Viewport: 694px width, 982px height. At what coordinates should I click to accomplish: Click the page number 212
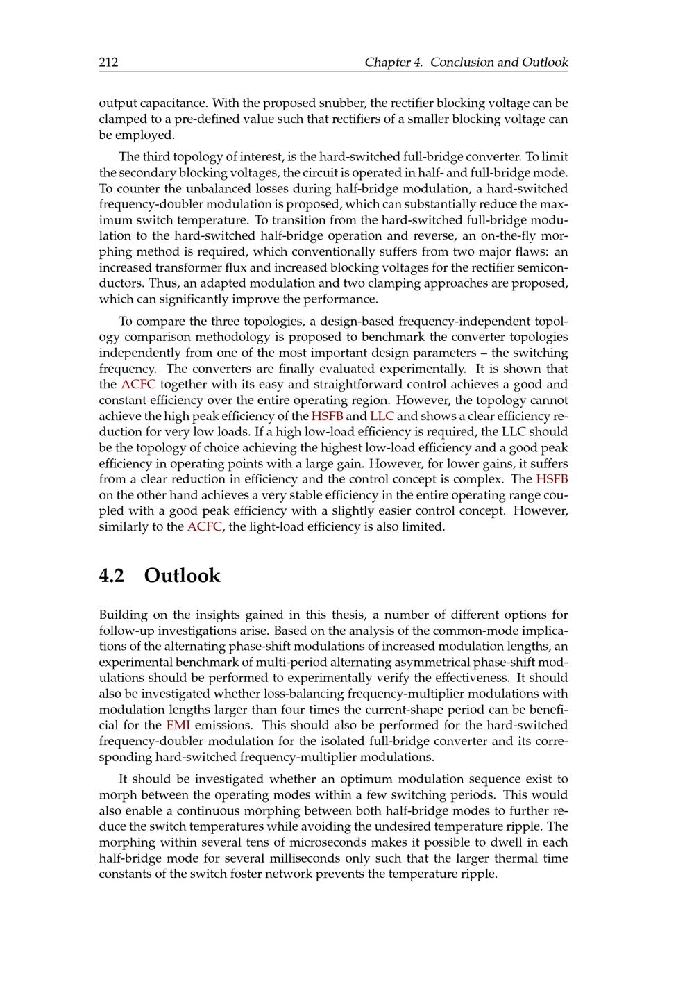(108, 63)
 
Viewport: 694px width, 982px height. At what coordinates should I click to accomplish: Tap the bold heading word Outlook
(182, 576)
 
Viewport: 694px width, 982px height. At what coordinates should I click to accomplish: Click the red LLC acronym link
(382, 416)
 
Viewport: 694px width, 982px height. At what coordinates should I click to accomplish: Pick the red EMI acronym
(178, 725)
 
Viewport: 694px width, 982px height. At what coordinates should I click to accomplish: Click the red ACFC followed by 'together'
(138, 385)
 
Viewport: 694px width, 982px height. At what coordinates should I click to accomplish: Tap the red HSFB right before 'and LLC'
(327, 416)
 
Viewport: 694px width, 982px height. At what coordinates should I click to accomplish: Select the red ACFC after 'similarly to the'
(204, 526)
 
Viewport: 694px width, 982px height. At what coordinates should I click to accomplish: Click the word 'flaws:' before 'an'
(534, 251)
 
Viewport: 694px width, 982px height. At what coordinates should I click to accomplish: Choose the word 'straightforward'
(359, 385)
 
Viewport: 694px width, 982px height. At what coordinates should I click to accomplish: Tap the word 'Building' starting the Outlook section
(122, 615)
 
